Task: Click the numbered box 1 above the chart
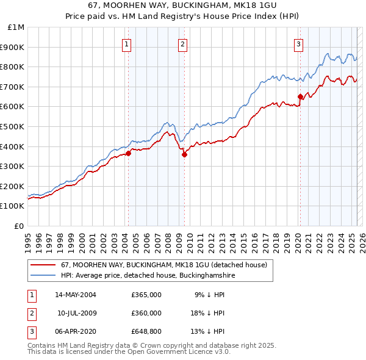pyautogui.click(x=126, y=43)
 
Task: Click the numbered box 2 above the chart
pyautogui.click(x=182, y=43)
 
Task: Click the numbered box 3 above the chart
pyautogui.click(x=299, y=43)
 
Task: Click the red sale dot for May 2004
pyautogui.click(x=129, y=154)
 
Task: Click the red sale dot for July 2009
pyautogui.click(x=184, y=154)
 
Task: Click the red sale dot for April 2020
pyautogui.click(x=300, y=96)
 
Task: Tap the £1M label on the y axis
pyautogui.click(x=16, y=27)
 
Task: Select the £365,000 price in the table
pyautogui.click(x=146, y=295)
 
